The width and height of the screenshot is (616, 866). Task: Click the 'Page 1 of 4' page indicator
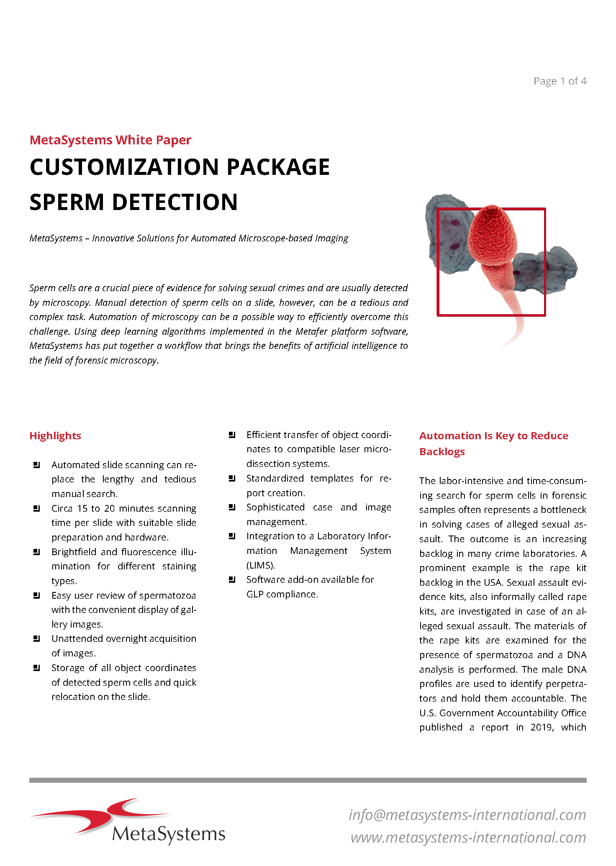pyautogui.click(x=560, y=81)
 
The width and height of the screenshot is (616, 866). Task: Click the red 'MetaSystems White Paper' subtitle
pyautogui.click(x=110, y=140)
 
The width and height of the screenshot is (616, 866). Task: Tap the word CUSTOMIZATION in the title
pyautogui.click(x=124, y=167)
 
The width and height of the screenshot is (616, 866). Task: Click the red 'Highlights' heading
pyautogui.click(x=55, y=436)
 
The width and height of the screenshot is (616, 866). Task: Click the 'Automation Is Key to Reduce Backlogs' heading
pyautogui.click(x=493, y=443)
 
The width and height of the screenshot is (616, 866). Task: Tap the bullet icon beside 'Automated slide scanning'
pyautogui.click(x=36, y=465)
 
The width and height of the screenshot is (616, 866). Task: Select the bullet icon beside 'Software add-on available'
pyautogui.click(x=232, y=579)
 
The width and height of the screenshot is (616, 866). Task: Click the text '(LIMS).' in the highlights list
pyautogui.click(x=260, y=565)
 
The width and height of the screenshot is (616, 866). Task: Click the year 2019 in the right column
pyautogui.click(x=542, y=727)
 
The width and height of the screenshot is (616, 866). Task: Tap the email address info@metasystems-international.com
pyautogui.click(x=467, y=815)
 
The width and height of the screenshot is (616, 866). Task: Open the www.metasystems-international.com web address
pyautogui.click(x=468, y=838)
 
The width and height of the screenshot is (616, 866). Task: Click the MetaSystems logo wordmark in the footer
pyautogui.click(x=169, y=834)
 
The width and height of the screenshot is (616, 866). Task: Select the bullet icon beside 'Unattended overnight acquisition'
pyautogui.click(x=36, y=638)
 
